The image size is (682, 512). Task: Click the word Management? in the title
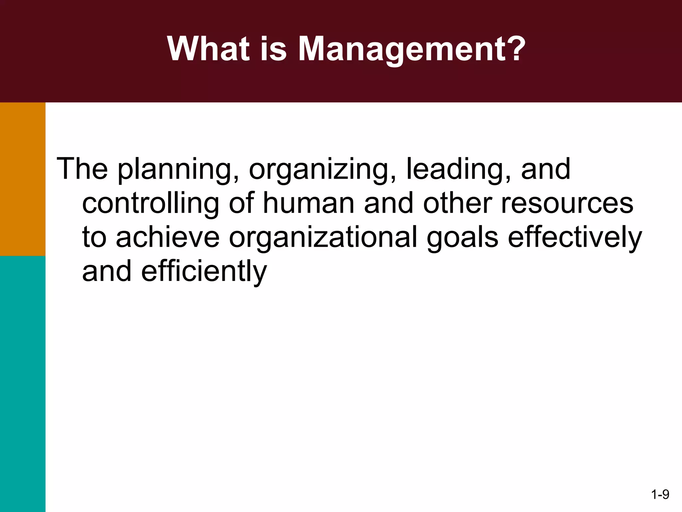point(412,49)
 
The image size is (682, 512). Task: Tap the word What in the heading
point(208,49)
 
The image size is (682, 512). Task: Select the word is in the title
point(273,49)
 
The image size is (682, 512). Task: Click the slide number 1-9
point(660,494)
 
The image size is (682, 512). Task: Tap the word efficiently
point(204,272)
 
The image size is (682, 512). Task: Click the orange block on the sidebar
point(23,179)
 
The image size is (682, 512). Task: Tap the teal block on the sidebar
point(23,383)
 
